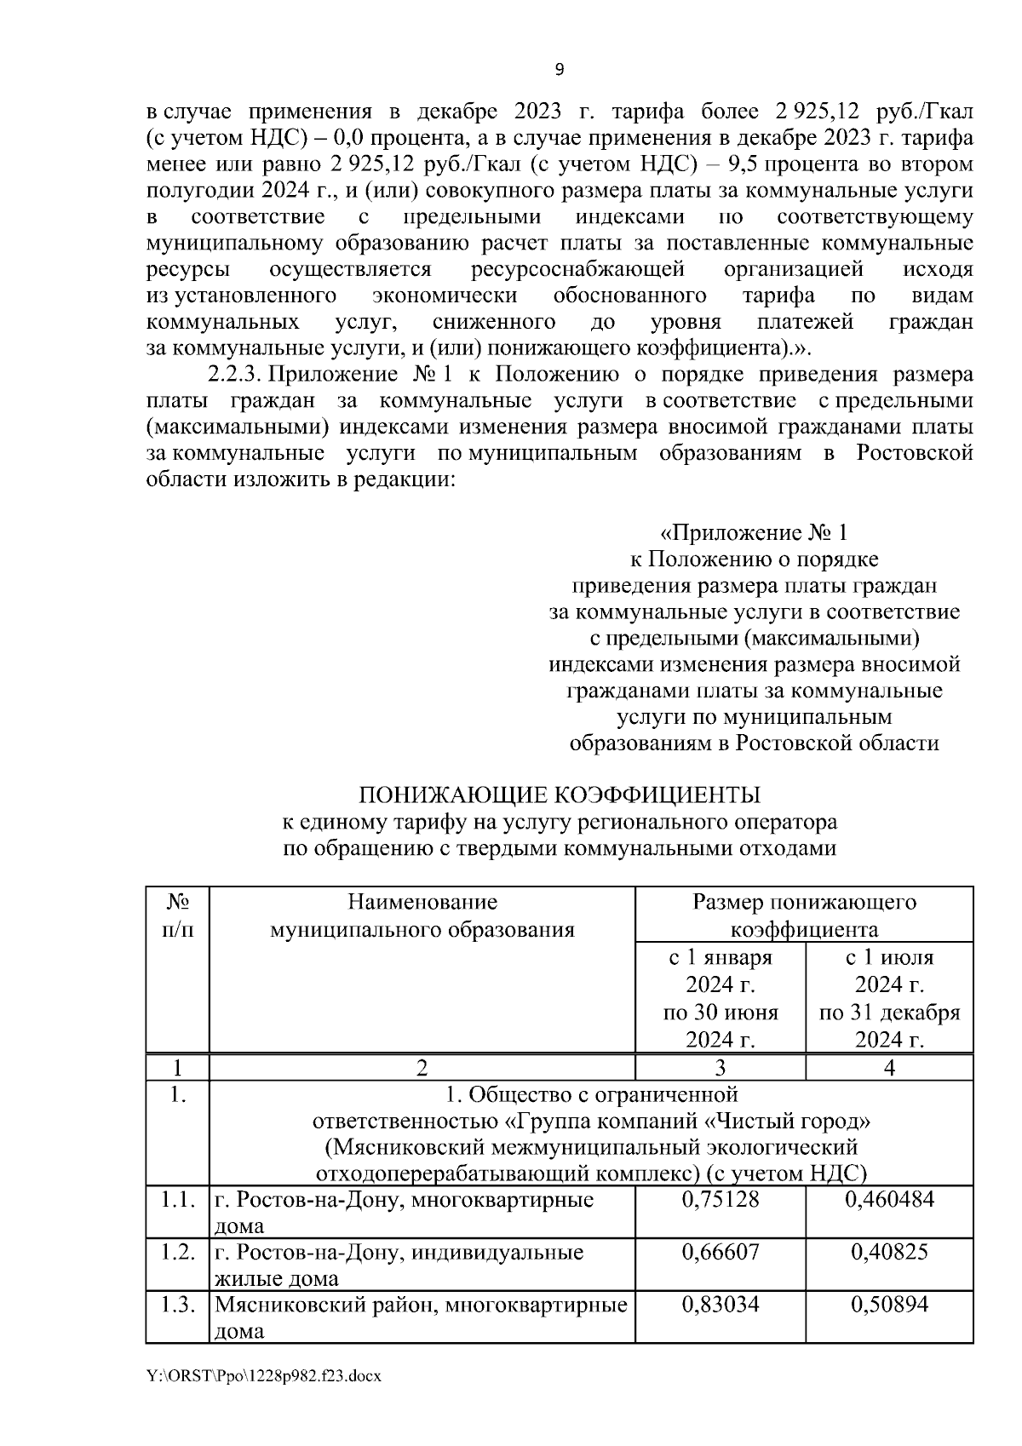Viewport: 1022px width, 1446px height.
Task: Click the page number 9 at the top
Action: (559, 70)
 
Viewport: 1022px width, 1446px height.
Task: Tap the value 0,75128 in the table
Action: (720, 1200)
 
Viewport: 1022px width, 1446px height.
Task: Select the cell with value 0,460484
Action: (889, 1200)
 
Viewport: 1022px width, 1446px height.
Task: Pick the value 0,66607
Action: (720, 1252)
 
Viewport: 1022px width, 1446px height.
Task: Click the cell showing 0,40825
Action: (889, 1252)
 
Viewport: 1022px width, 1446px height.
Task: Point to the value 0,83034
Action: (720, 1304)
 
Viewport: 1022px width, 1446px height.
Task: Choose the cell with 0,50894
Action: (889, 1304)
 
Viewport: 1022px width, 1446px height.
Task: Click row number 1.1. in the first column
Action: (177, 1200)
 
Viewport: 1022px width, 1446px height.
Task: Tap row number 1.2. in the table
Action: (177, 1252)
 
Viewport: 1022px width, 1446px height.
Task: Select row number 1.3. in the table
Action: (177, 1304)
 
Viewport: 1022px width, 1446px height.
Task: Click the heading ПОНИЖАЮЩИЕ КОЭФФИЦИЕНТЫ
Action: (559, 795)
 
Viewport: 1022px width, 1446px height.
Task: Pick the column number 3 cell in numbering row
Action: (720, 1067)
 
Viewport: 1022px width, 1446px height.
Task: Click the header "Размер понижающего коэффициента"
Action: (804, 915)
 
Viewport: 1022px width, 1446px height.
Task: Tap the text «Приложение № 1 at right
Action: (754, 534)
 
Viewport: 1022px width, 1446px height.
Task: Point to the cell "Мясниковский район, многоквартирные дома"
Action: (421, 1317)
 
